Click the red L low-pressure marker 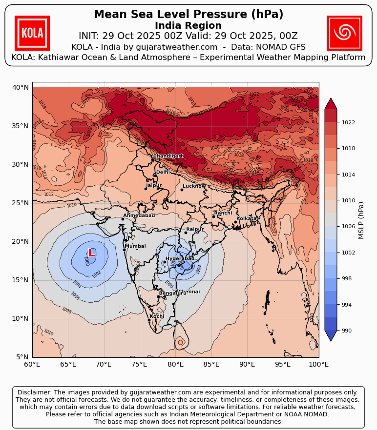click(91, 253)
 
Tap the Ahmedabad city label click(139, 215)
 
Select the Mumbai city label click(135, 246)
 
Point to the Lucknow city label click(194, 186)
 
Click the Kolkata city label click(247, 218)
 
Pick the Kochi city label click(157, 316)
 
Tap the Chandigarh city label click(168, 156)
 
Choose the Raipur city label click(195, 229)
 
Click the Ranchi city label click(223, 213)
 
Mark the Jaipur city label click(154, 185)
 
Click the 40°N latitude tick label click(21, 87)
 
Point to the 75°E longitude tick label click(140, 364)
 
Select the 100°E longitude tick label click(319, 364)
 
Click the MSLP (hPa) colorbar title click(361, 220)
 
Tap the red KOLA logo click(32, 33)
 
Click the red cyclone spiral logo click(344, 33)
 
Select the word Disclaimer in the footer click(34, 392)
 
